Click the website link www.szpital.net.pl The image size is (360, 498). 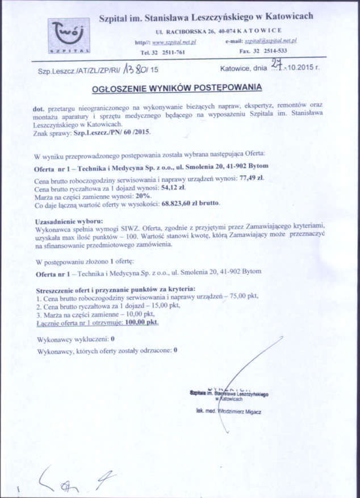point(174,42)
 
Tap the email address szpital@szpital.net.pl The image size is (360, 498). point(272,41)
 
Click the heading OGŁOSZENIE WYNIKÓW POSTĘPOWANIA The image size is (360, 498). point(177,88)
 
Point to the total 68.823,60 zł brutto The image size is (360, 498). point(190,203)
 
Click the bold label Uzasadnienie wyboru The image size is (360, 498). point(68,220)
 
